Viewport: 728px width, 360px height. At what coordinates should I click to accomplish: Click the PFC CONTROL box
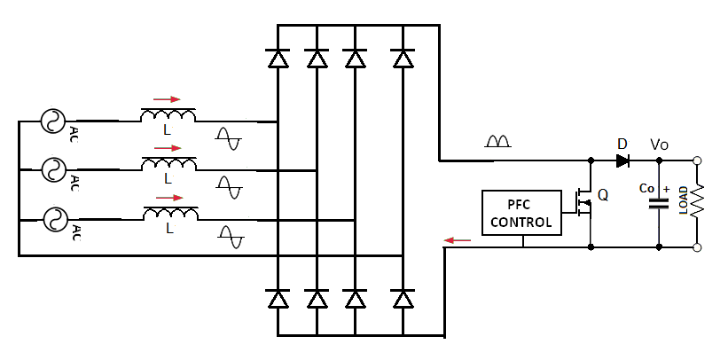click(522, 213)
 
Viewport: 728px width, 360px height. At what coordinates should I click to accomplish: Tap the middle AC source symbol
click(53, 169)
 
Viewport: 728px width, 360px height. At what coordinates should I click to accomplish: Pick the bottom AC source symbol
click(55, 219)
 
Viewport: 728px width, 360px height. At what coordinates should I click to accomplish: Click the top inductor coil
click(168, 114)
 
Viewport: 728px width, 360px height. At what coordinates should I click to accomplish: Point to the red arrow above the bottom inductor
click(170, 198)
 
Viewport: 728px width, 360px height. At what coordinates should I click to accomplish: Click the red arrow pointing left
click(458, 240)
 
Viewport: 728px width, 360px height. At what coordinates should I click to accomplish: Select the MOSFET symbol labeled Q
click(583, 203)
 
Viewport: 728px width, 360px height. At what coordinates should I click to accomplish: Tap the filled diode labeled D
click(623, 160)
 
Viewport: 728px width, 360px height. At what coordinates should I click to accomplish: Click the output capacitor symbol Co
click(658, 203)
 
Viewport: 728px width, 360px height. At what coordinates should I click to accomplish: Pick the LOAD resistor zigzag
click(697, 200)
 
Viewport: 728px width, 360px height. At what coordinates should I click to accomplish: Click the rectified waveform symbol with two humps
click(497, 141)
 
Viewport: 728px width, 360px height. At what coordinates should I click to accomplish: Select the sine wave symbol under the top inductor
click(229, 138)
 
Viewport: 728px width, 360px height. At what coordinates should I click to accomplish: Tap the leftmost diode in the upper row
click(278, 58)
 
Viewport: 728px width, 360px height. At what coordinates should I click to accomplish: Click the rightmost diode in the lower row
click(402, 298)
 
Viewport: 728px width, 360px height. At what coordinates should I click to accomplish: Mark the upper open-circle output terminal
click(696, 160)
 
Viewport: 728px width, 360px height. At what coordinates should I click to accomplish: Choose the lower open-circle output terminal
click(696, 247)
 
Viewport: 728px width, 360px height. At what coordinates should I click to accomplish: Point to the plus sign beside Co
click(667, 189)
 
